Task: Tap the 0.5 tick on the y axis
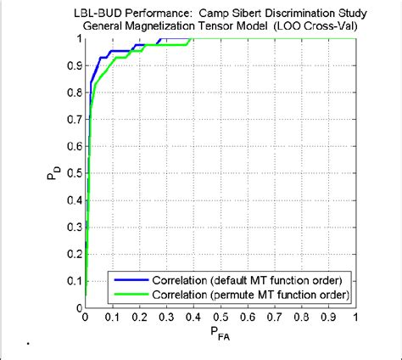[x=74, y=177]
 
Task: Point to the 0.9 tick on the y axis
[x=74, y=66]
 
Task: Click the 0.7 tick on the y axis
[x=74, y=121]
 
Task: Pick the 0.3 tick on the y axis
[x=74, y=231]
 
